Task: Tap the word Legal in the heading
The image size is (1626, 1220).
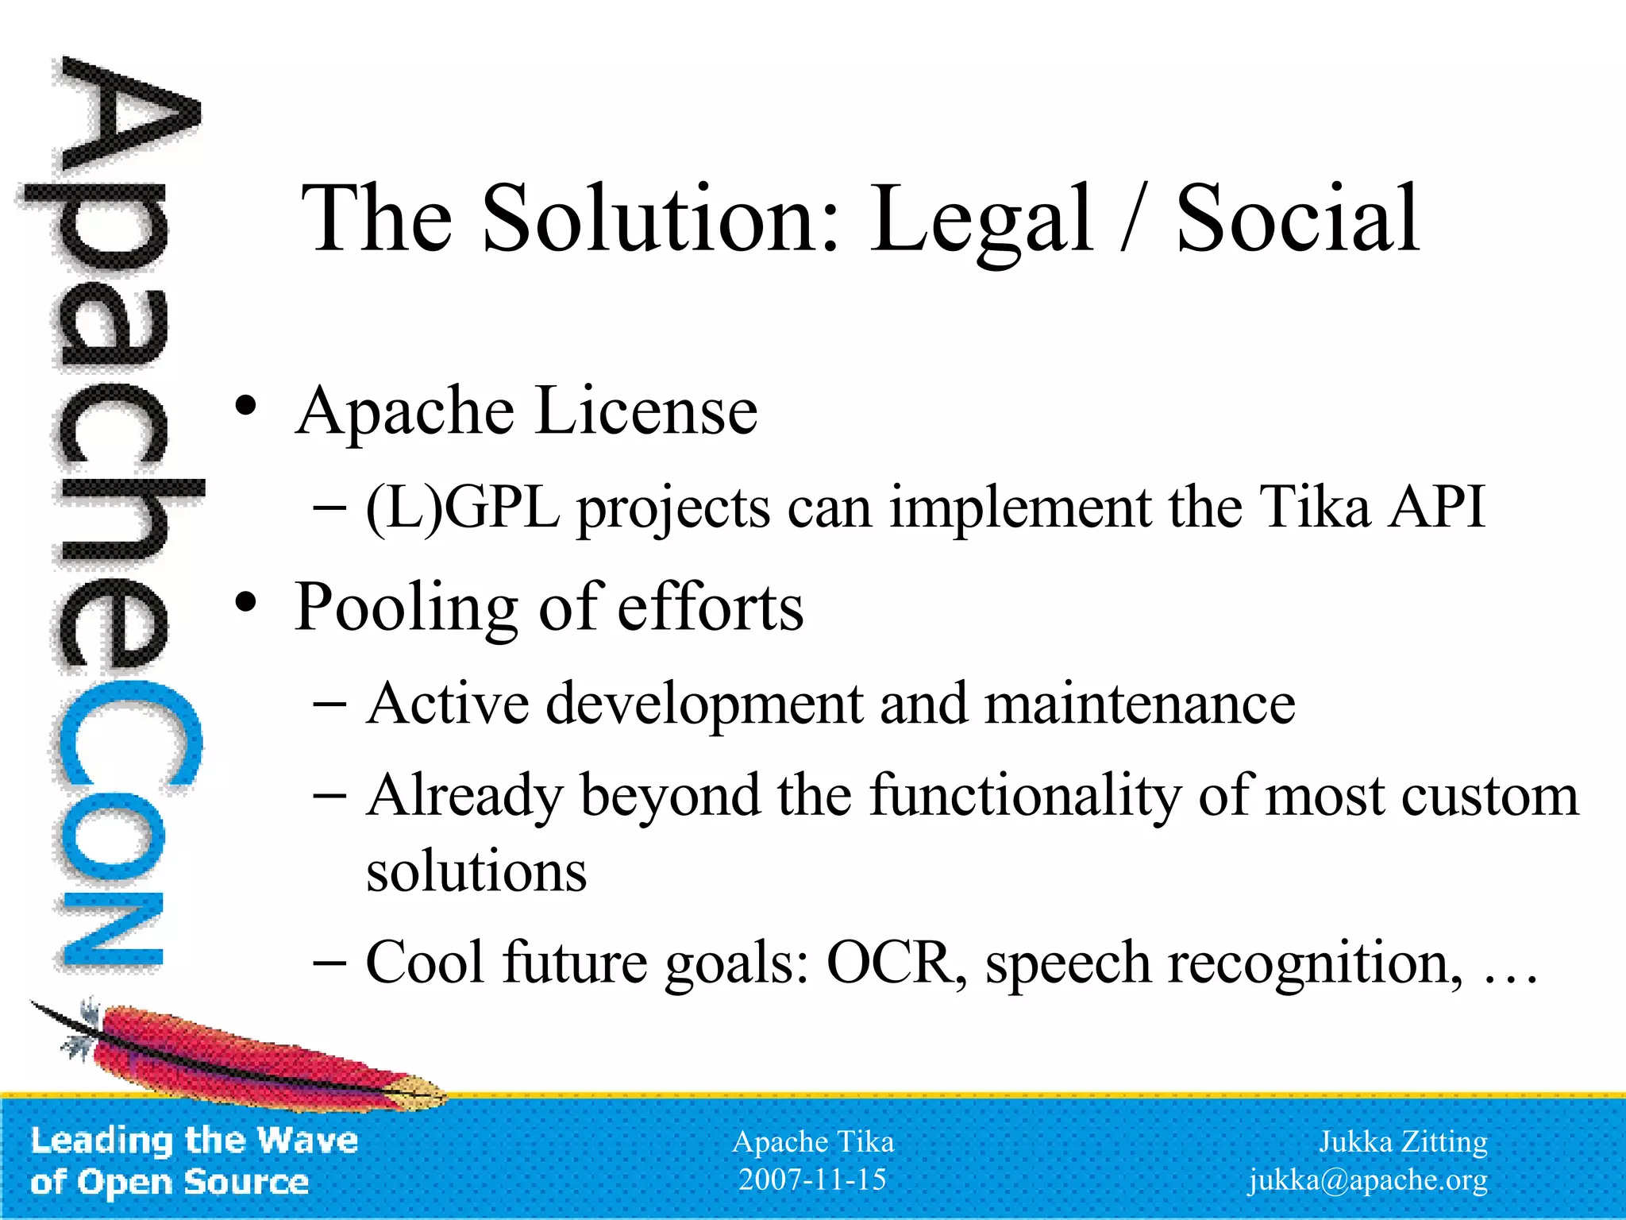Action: pos(981,219)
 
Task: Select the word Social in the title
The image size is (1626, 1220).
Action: pos(1297,218)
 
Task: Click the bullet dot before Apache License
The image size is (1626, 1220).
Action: pos(246,407)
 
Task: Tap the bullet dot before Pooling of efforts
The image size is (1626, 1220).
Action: pos(246,603)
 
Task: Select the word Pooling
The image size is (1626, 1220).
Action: pos(406,608)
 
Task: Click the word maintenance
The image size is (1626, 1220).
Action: pos(1139,704)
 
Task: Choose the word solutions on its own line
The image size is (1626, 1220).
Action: pos(476,871)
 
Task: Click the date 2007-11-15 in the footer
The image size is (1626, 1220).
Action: pos(812,1179)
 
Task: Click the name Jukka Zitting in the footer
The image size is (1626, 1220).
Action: pos(1403,1141)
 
